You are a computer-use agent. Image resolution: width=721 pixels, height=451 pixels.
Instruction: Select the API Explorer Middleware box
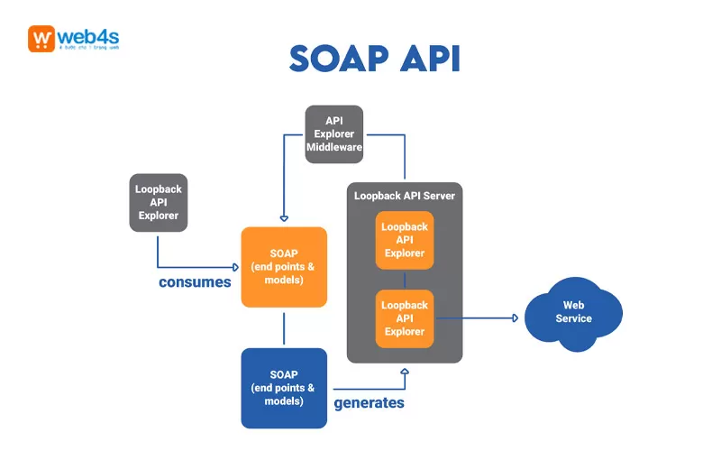[333, 133]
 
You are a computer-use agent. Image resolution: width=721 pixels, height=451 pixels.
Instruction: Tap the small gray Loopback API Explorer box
[158, 202]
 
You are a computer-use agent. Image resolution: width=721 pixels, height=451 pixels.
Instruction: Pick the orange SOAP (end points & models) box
[284, 267]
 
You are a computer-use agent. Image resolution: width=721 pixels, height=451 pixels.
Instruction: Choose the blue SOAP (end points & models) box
[284, 388]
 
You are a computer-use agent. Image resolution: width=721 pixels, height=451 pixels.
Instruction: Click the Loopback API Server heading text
[405, 195]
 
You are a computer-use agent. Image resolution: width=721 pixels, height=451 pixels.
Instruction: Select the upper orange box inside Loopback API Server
[405, 241]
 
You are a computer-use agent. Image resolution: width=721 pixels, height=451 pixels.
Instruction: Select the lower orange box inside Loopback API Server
[405, 318]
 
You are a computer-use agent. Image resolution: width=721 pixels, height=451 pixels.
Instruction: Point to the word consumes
[195, 282]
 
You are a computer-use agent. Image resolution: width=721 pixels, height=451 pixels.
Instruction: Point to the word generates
[370, 402]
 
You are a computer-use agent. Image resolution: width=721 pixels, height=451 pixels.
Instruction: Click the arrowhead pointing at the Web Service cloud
[515, 318]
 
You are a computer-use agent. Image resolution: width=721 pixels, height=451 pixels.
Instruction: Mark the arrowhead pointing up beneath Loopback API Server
[405, 370]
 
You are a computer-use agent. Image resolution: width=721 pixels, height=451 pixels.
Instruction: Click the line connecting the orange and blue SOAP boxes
[284, 328]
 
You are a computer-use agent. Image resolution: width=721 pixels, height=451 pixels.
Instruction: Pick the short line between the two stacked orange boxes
[405, 280]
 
